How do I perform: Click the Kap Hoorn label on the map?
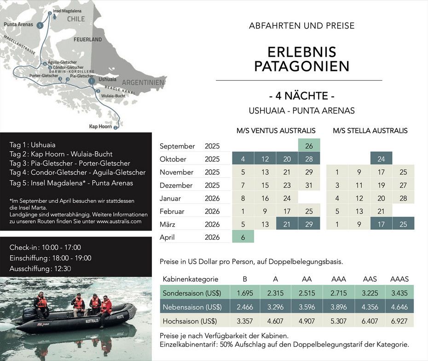pyautogui.click(x=100, y=126)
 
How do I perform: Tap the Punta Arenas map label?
pyautogui.click(x=18, y=24)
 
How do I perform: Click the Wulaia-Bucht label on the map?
pyautogui.click(x=113, y=96)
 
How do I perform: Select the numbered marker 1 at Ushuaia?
pyautogui.click(x=92, y=81)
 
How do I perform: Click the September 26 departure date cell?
pyautogui.click(x=309, y=146)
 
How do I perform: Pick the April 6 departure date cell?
pyautogui.click(x=243, y=237)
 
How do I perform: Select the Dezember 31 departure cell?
pyautogui.click(x=309, y=185)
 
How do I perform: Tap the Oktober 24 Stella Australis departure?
pyautogui.click(x=381, y=159)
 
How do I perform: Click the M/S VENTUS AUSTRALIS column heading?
pyautogui.click(x=276, y=130)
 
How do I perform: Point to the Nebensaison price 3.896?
pyautogui.click(x=339, y=307)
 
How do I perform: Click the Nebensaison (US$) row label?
pyautogui.click(x=191, y=307)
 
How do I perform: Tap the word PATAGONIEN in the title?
pyautogui.click(x=302, y=65)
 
